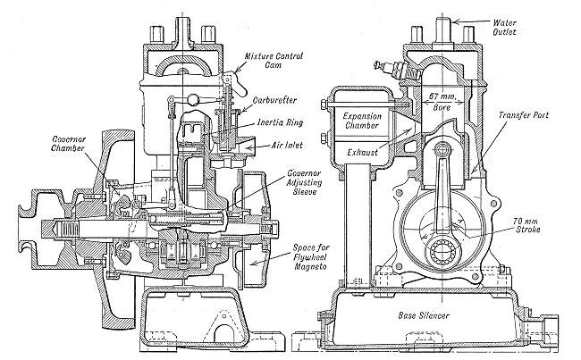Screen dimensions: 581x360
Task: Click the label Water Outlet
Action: pos(504,27)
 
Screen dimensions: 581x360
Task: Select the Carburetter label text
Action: pos(274,100)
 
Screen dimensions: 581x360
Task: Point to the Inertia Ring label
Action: pos(280,122)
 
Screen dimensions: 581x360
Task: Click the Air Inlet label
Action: pos(287,146)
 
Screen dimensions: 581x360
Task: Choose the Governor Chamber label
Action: pos(69,144)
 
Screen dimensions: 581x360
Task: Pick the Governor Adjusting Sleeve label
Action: pos(305,182)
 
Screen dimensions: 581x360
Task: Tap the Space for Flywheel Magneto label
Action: pos(310,256)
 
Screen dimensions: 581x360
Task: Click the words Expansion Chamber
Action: pos(362,121)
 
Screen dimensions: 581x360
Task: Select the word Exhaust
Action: pos(362,152)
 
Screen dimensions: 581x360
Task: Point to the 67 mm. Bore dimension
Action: pos(442,102)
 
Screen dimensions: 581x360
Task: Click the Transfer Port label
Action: pos(523,115)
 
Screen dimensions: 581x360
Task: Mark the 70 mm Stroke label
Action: pos(527,225)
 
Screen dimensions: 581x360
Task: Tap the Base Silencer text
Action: pos(424,315)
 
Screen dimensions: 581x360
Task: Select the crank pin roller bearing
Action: pos(443,252)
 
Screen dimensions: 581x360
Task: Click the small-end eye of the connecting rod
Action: pos(442,151)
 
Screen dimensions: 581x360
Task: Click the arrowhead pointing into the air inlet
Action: pos(249,147)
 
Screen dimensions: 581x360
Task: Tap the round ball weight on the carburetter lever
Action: pos(195,99)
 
